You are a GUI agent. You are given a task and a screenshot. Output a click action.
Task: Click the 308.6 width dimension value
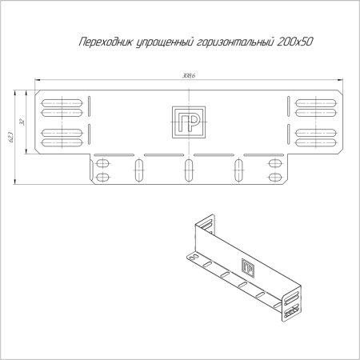coord(189,74)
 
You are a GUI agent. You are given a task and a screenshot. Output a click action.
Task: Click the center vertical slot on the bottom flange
coord(189,170)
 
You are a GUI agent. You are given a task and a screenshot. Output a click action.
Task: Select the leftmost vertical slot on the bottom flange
coord(139,170)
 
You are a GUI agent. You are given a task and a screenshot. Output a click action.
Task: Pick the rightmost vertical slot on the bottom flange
coord(238,170)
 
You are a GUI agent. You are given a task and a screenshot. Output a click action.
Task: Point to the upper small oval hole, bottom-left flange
coord(102,164)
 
